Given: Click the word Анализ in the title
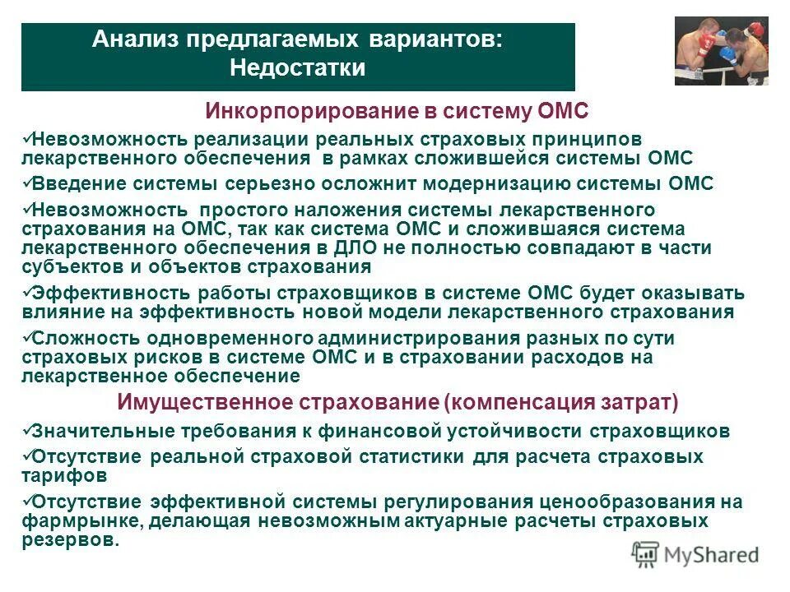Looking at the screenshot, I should tap(133, 40).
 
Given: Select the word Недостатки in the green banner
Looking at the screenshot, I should tap(297, 67).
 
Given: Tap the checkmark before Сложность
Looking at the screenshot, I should tap(26, 338).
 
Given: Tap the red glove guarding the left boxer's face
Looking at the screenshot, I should tap(705, 46).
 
